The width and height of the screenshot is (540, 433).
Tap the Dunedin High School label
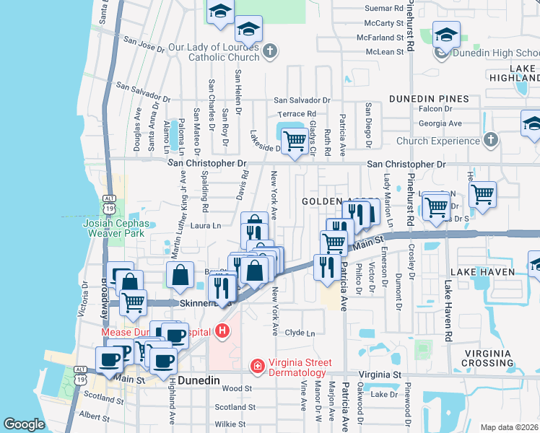click(496, 53)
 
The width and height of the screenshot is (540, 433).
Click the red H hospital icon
click(222, 331)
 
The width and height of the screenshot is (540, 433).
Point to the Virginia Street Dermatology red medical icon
click(256, 367)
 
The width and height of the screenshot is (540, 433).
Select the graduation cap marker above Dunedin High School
click(446, 34)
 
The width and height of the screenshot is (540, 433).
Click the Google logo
click(25, 424)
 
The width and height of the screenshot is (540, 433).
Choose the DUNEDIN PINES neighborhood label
click(429, 99)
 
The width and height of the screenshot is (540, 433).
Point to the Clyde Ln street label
click(300, 333)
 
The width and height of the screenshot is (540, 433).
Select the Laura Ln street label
click(205, 226)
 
